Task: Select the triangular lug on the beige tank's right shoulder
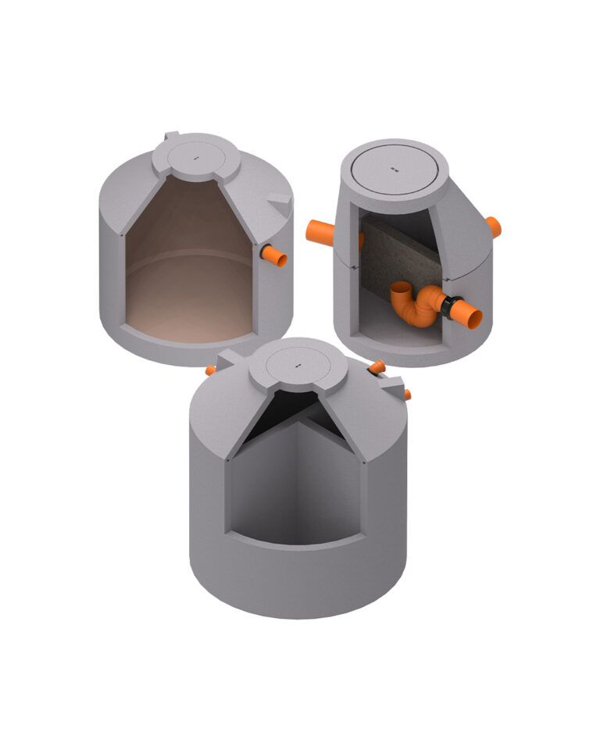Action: click(x=279, y=202)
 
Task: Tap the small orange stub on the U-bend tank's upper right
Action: click(x=493, y=227)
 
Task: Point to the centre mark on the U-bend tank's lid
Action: click(x=395, y=169)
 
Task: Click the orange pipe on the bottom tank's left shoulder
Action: click(x=211, y=370)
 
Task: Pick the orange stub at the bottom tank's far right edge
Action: click(x=406, y=395)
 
